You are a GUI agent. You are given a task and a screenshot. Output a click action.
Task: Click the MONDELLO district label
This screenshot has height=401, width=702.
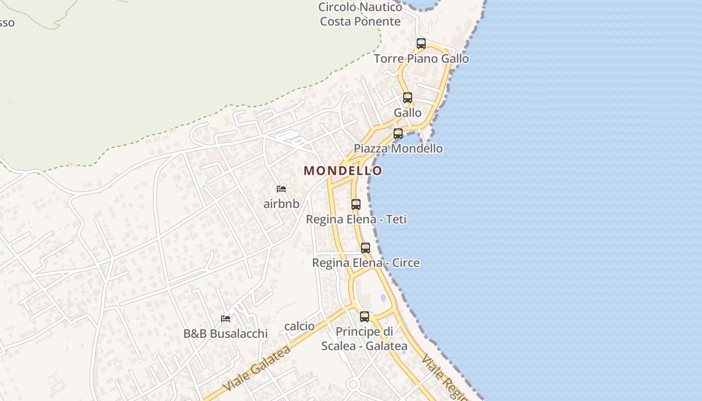tap(343, 170)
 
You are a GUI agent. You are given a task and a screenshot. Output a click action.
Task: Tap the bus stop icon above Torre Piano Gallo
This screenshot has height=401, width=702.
tap(421, 44)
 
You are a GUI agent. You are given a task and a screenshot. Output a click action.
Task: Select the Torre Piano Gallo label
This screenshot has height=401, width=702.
tap(421, 59)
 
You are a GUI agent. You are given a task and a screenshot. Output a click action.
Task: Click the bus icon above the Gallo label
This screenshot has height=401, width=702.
tap(408, 98)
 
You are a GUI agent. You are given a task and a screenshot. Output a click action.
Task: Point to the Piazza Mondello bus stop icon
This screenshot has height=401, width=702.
tap(398, 134)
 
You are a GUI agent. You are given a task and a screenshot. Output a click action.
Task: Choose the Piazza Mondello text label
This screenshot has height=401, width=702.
tap(398, 148)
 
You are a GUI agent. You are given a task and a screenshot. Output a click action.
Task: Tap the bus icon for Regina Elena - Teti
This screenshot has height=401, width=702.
tap(356, 205)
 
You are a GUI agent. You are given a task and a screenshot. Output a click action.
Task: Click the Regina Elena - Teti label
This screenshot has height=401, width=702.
tap(356, 219)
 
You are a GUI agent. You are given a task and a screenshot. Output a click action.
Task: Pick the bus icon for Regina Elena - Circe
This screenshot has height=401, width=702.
tap(366, 248)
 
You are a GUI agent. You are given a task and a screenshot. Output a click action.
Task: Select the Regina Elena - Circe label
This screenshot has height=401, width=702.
tap(366, 263)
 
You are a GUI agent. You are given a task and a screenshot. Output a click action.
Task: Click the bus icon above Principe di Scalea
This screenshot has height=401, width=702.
tap(365, 317)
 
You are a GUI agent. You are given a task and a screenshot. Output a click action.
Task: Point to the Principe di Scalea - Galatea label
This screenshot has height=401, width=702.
tap(365, 339)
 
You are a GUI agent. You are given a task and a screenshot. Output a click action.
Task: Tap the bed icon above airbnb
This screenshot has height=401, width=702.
tap(281, 189)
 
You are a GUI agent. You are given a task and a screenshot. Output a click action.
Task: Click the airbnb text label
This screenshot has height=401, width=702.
tap(281, 204)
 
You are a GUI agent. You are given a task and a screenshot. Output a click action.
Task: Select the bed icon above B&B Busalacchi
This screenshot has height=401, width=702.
tap(226, 319)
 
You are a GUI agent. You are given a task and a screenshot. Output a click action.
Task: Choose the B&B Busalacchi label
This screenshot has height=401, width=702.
tap(226, 333)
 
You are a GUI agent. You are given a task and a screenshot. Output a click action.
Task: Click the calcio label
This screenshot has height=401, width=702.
tap(299, 326)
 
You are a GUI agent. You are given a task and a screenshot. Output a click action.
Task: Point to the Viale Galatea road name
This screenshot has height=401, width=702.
tap(257, 368)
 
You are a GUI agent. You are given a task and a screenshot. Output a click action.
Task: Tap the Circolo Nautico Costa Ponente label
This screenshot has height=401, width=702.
tap(360, 14)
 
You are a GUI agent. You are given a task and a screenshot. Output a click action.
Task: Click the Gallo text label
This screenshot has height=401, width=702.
tap(408, 113)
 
